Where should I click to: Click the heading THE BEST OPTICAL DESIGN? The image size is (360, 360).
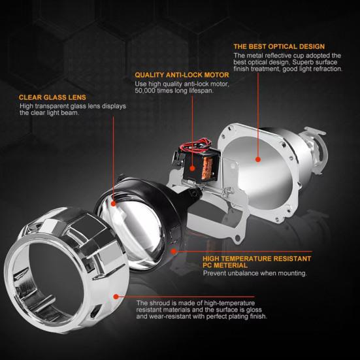click(x=278, y=46)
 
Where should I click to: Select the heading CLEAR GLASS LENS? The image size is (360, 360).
click(x=52, y=97)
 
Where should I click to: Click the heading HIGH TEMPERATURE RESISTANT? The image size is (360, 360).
click(x=256, y=258)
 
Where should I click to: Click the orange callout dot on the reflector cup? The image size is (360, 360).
click(x=259, y=158)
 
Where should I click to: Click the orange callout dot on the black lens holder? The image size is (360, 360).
click(x=174, y=250)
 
